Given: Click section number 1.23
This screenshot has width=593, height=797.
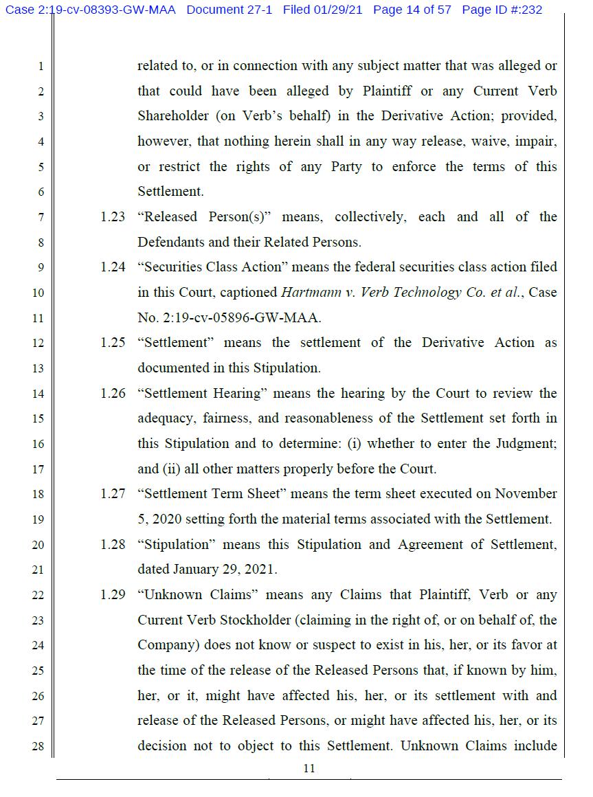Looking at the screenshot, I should point(113,217).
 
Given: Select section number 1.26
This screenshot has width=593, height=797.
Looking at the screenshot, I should point(113,394).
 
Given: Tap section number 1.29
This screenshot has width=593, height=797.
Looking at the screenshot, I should point(113,595).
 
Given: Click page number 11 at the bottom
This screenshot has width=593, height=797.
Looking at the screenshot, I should point(309,769).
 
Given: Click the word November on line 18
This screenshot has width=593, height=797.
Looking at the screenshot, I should point(526,494).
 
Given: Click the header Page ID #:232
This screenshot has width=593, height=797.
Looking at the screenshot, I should point(502,10).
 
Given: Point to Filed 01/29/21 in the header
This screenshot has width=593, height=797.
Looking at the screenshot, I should point(327,10).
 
